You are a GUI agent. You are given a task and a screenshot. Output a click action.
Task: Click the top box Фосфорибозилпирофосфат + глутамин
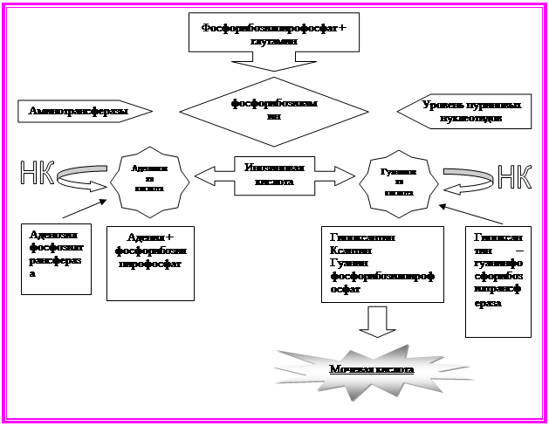273,33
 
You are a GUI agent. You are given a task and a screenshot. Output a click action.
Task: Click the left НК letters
36,175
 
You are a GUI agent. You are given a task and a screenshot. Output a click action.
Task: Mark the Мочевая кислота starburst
371,369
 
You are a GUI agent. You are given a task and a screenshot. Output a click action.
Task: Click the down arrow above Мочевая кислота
377,320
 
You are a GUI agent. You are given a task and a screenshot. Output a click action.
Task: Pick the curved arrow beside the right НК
466,178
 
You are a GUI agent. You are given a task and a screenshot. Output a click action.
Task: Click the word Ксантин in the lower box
351,251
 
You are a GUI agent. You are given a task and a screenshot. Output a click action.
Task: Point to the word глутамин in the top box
273,40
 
